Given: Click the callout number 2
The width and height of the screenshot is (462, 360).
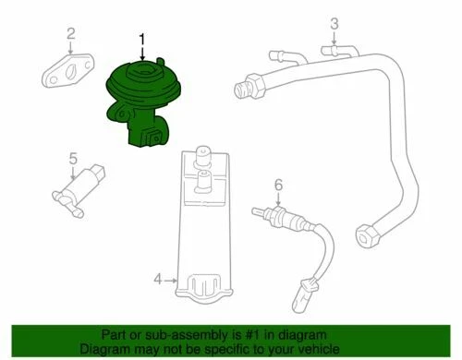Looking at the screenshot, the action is click(69, 36).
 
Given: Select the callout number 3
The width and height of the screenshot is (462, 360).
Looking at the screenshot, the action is click(335, 23).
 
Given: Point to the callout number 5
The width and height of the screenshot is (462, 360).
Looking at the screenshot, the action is click(73, 158).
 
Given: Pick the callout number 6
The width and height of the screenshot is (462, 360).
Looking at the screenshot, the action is click(276, 186).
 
